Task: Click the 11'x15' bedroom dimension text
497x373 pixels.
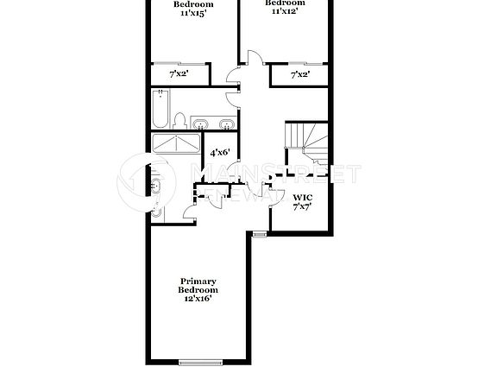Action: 193,13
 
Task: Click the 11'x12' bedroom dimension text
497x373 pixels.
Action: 288,11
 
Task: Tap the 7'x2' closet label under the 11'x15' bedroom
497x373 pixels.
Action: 178,75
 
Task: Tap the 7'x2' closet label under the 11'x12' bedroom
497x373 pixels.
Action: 300,75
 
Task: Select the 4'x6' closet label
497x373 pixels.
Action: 220,152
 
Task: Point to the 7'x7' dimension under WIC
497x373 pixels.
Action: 302,207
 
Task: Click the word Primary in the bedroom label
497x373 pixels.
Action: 198,281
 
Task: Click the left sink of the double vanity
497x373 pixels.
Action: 198,123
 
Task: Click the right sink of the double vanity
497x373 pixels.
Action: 225,123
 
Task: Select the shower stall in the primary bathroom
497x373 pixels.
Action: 177,143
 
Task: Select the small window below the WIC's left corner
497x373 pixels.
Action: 259,232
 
